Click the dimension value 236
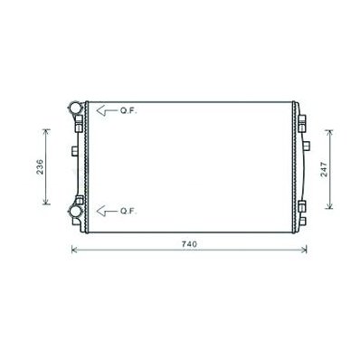pos(40,166)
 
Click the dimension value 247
pos(324,169)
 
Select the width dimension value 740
pos(189,244)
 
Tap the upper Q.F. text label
pos(128,111)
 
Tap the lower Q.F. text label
pos(128,211)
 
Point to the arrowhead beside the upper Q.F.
pos(101,110)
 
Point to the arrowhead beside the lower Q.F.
pos(101,211)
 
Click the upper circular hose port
pos(76,108)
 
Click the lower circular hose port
pos(75,211)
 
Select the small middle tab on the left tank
pos(75,151)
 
